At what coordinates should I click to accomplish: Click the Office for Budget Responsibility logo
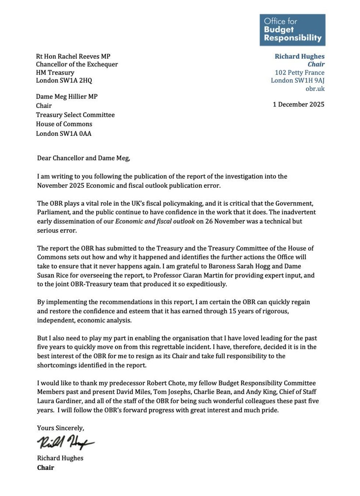pyautogui.click(x=292, y=30)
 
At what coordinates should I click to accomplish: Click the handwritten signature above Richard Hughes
pyautogui.click(x=65, y=442)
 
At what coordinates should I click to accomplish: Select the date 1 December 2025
pyautogui.click(x=298, y=104)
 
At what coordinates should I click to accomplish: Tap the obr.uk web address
pyautogui.click(x=315, y=88)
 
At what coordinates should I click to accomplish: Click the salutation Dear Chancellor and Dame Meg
pyautogui.click(x=83, y=158)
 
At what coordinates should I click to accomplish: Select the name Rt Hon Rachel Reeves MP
pyautogui.click(x=73, y=56)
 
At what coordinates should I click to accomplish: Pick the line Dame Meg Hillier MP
pyautogui.click(x=67, y=97)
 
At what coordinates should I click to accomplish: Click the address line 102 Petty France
pyautogui.click(x=299, y=72)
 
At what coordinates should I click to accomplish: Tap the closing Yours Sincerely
pyautogui.click(x=61, y=428)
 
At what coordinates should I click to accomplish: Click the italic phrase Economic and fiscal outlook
pyautogui.click(x=155, y=221)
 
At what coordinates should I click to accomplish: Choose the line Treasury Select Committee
pyautogui.click(x=75, y=115)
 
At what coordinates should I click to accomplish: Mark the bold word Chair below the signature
pyautogui.click(x=46, y=468)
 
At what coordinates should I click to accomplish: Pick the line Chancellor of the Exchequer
pyautogui.click(x=77, y=64)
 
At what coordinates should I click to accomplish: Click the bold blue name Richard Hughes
pyautogui.click(x=299, y=56)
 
